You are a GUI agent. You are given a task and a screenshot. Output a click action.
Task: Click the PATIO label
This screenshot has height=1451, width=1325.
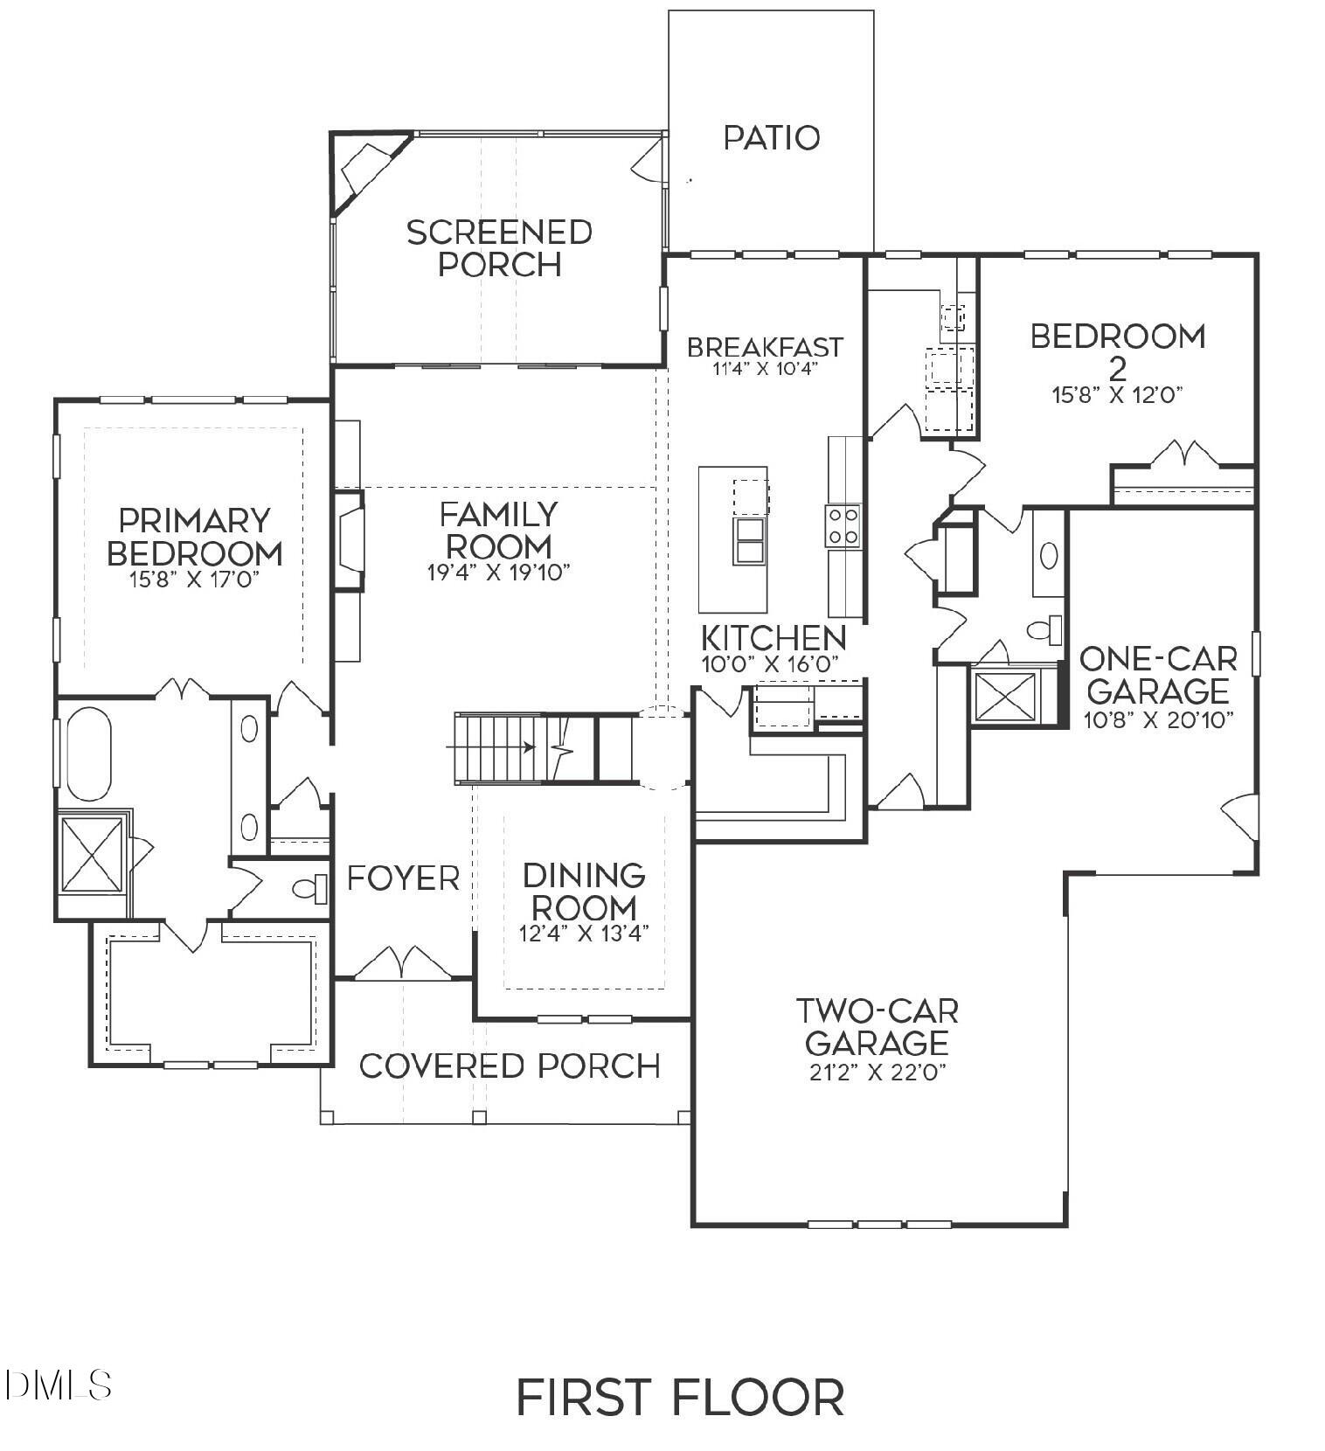pyautogui.click(x=772, y=137)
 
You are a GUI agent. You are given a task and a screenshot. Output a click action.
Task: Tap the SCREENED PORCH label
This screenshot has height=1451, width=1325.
pyautogui.click(x=499, y=248)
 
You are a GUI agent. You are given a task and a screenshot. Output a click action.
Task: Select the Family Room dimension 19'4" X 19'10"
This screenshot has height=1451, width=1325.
pyautogui.click(x=498, y=573)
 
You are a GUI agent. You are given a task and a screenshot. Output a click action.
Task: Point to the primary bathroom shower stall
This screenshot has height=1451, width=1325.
pyautogui.click(x=91, y=854)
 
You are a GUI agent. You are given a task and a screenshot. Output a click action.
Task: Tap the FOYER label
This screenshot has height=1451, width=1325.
pyautogui.click(x=403, y=878)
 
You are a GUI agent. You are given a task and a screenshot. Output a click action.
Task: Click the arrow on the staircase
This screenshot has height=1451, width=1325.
pyautogui.click(x=527, y=747)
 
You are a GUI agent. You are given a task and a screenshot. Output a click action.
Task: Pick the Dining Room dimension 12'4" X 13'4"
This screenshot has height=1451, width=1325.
pyautogui.click(x=584, y=934)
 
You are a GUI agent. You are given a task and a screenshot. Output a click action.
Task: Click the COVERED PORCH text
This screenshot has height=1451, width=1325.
pyautogui.click(x=510, y=1066)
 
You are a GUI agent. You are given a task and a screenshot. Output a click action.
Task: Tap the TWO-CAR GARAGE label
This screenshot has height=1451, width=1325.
pyautogui.click(x=877, y=1027)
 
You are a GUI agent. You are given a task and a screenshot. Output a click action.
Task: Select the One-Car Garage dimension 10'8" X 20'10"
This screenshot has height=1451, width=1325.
pyautogui.click(x=1157, y=719)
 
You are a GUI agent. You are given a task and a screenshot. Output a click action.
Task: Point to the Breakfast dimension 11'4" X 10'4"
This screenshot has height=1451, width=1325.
pyautogui.click(x=764, y=368)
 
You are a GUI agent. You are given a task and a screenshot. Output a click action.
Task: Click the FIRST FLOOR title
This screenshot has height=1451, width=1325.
pyautogui.click(x=680, y=1397)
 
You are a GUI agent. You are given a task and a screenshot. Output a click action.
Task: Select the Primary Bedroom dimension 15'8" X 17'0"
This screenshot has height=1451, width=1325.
pyautogui.click(x=194, y=579)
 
